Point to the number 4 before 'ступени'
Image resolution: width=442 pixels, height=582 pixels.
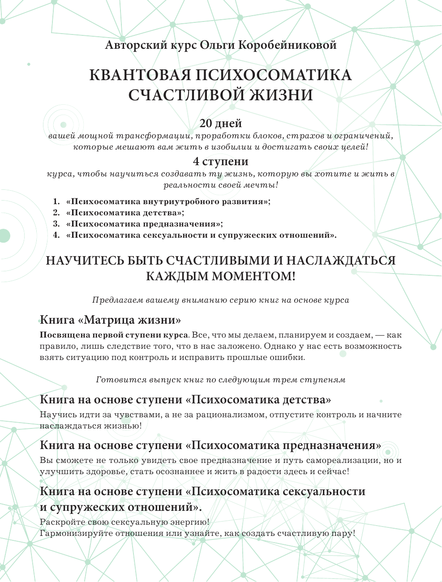pos(196,162)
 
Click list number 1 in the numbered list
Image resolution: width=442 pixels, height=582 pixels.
pos(56,201)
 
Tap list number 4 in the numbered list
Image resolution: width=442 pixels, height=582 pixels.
pos(56,235)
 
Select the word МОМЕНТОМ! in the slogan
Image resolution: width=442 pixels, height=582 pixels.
pos(253,276)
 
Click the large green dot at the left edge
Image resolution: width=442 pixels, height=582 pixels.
pos(4,235)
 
